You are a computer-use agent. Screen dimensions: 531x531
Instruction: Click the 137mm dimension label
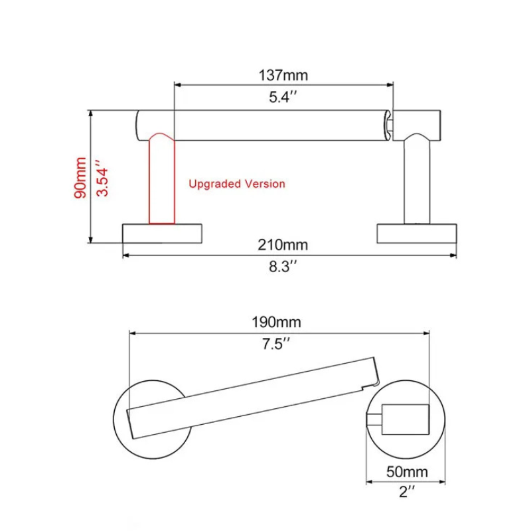coord(283,75)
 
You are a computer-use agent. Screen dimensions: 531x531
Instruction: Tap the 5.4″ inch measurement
coord(283,97)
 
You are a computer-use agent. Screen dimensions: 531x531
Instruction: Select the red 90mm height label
coord(80,177)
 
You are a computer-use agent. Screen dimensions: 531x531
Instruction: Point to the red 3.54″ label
coord(102,178)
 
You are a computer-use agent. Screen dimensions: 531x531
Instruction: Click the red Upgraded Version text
coord(237,184)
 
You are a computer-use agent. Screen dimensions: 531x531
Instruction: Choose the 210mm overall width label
coord(283,244)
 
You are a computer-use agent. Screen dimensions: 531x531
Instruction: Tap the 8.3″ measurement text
coord(283,267)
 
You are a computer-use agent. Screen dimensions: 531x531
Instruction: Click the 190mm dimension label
coord(276,322)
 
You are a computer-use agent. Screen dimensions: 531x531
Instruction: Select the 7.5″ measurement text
coord(276,344)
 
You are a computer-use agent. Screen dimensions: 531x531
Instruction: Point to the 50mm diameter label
coord(407,472)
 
